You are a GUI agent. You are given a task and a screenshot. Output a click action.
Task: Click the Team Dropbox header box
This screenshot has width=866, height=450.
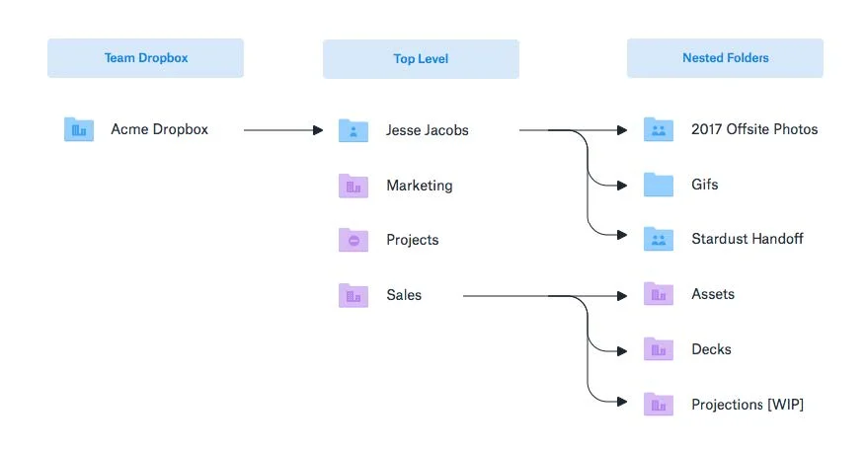click(145, 58)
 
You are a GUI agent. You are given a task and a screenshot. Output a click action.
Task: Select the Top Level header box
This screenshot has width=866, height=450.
click(421, 59)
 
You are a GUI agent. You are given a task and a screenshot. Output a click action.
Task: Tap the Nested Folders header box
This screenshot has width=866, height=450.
click(725, 58)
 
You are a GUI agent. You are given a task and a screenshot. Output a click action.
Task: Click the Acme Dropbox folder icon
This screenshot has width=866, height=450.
click(79, 129)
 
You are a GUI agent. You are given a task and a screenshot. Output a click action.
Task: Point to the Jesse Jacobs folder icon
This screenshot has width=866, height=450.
click(354, 130)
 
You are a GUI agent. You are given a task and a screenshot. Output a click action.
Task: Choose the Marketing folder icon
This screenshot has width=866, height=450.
click(354, 186)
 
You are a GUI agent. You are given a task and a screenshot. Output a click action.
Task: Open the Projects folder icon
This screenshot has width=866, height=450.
click(354, 240)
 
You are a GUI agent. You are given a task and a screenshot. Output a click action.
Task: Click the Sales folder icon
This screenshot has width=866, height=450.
click(354, 295)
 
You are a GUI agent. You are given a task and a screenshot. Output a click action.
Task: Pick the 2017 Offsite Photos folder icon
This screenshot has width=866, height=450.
click(659, 129)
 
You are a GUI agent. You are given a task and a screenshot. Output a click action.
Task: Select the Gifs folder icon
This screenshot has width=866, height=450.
click(659, 185)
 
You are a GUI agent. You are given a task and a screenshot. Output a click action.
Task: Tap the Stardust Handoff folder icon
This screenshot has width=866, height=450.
click(659, 239)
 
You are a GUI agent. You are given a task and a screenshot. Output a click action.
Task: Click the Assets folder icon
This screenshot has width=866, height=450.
click(659, 294)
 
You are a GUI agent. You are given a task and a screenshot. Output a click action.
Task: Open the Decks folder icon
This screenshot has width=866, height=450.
click(659, 349)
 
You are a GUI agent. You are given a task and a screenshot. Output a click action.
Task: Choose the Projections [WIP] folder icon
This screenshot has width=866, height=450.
click(659, 405)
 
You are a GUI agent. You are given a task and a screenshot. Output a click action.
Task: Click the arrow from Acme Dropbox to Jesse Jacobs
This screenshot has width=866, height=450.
click(283, 130)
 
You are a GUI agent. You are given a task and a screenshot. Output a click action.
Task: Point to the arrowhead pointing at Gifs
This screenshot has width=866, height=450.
click(622, 186)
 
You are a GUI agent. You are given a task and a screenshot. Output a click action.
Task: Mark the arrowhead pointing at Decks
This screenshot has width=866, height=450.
click(622, 351)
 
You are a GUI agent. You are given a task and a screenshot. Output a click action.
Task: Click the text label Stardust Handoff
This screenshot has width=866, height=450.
click(748, 239)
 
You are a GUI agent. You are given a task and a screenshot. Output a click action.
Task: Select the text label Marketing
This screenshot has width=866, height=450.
click(420, 186)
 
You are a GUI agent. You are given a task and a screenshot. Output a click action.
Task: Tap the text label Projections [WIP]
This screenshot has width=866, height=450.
click(748, 405)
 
